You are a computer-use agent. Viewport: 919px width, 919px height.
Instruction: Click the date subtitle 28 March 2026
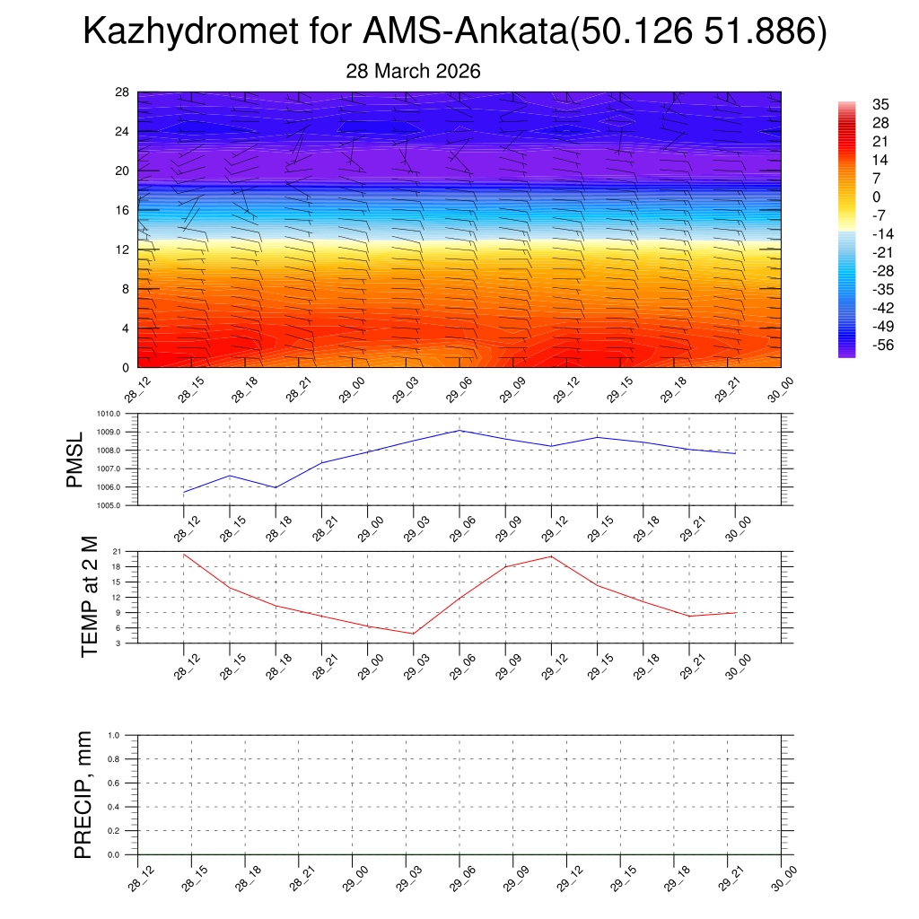coord(413,72)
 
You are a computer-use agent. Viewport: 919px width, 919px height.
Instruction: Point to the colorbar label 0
coord(876,197)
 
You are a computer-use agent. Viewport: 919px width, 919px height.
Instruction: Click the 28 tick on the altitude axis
coord(123,92)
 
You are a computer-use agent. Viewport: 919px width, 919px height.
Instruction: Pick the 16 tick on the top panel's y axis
coord(123,210)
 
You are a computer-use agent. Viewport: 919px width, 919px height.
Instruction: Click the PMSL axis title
coord(76,460)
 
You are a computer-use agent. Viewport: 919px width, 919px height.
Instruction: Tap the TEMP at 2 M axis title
coord(90,597)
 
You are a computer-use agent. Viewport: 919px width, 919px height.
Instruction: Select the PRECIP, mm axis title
coord(83,795)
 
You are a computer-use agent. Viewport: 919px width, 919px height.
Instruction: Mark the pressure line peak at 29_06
coord(459,430)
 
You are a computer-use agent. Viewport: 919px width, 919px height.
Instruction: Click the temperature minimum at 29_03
coord(413,634)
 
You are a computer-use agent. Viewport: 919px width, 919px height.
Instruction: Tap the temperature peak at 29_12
coord(551,556)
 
